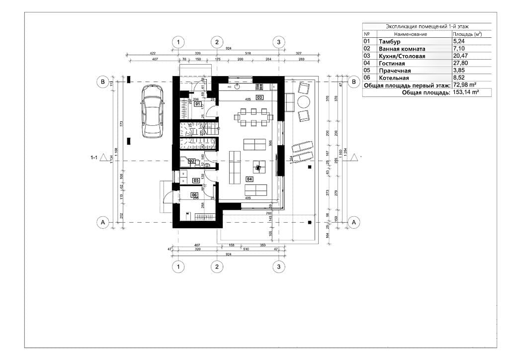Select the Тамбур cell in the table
pos(389,41)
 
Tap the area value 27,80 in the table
pos(460,64)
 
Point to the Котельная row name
pos(394,78)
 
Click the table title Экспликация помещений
pos(426,26)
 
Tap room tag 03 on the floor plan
pos(259,97)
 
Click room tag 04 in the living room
pos(249,179)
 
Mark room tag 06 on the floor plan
pos(194,195)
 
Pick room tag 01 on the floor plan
pos(197,104)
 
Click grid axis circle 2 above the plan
pos(216,42)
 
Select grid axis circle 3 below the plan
pos(279,267)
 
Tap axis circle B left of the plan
pos(103,81)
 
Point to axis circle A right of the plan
pos(353,222)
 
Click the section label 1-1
pos(93,158)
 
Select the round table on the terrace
pos(303,102)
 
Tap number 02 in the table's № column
pos(367,49)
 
